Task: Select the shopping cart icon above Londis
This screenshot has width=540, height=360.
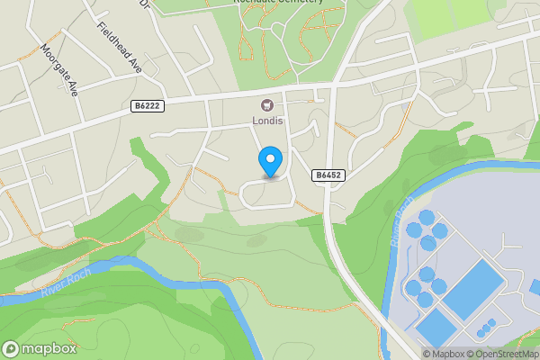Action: [x=267, y=104]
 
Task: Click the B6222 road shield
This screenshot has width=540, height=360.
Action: [x=148, y=106]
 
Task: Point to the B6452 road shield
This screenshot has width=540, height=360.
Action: [x=328, y=175]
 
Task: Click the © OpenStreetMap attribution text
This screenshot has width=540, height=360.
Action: [x=501, y=354]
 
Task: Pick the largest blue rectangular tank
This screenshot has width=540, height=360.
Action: [x=473, y=287]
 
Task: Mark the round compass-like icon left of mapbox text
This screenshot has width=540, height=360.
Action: [x=12, y=349]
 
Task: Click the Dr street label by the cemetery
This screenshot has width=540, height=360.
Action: [x=144, y=4]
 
